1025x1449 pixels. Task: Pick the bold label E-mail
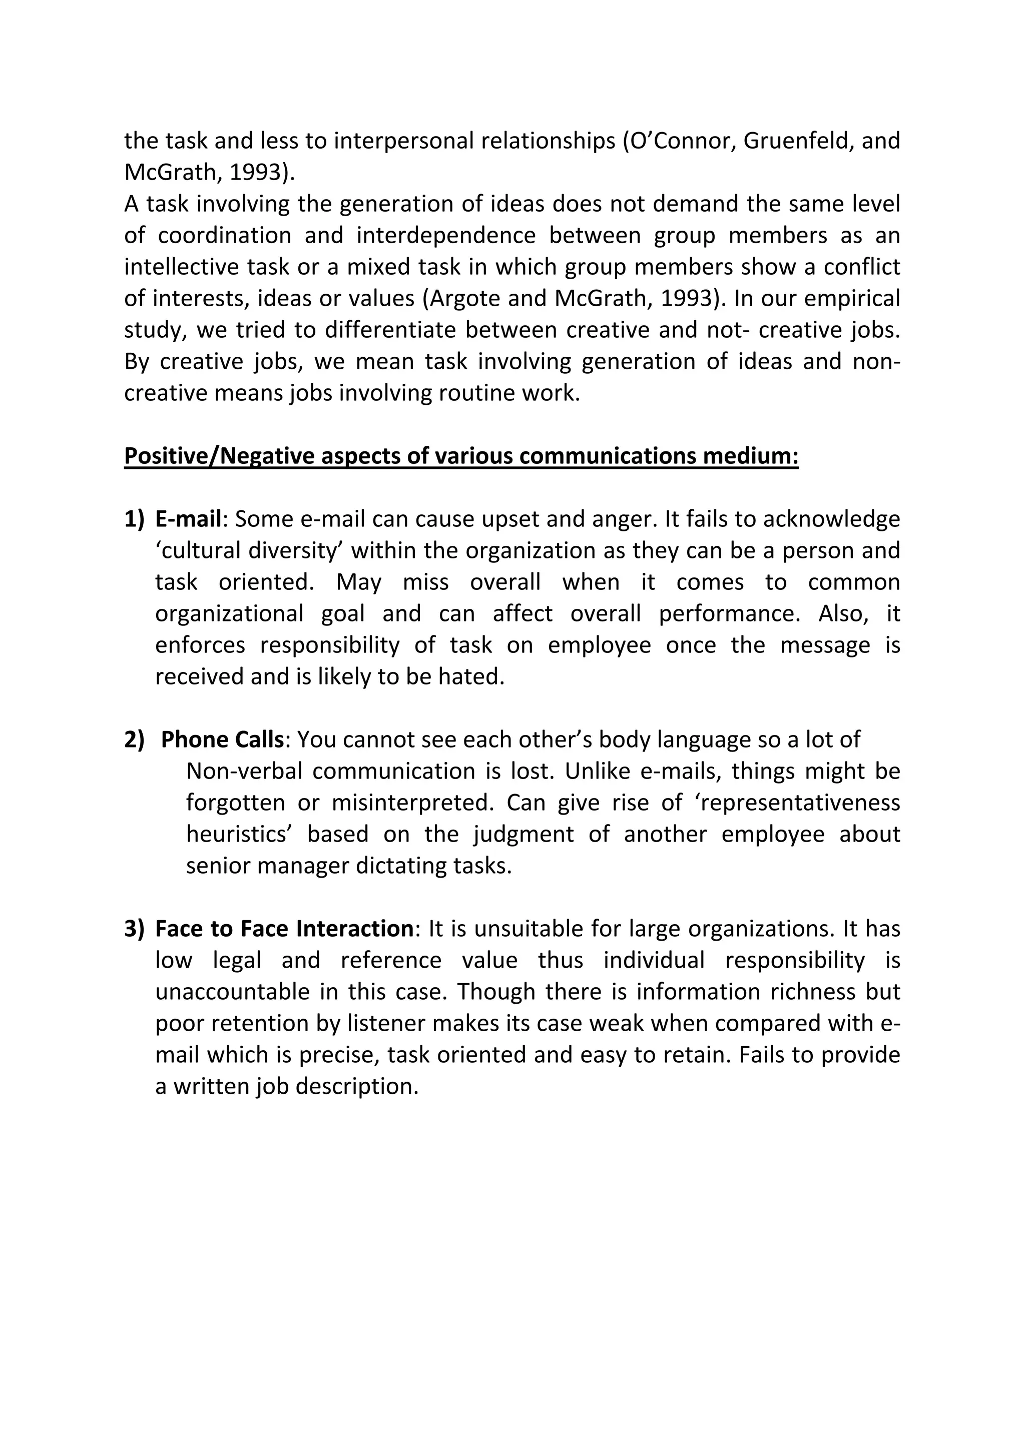pyautogui.click(x=188, y=519)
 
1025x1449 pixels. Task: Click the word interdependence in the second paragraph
pyautogui.click(x=445, y=235)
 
